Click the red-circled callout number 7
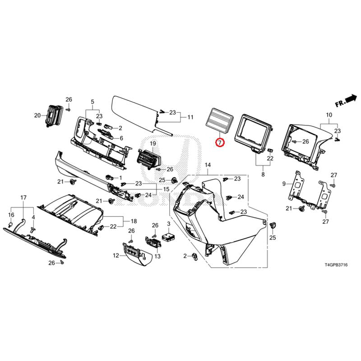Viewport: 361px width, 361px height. pos(220,143)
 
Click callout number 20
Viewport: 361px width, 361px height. pos(37,116)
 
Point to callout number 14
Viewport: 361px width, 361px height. pos(208,165)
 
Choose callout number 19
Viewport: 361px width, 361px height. pos(153,144)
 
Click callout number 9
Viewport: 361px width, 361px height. pos(284,184)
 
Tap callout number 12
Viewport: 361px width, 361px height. pos(116,255)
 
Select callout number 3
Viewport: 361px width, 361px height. pos(168,224)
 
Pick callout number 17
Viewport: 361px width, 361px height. pos(23,198)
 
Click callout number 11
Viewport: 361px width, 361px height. pos(190,117)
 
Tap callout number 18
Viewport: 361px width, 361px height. pos(134,221)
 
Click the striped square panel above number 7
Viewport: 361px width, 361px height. pos(221,120)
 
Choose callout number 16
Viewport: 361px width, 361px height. pos(11,215)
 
